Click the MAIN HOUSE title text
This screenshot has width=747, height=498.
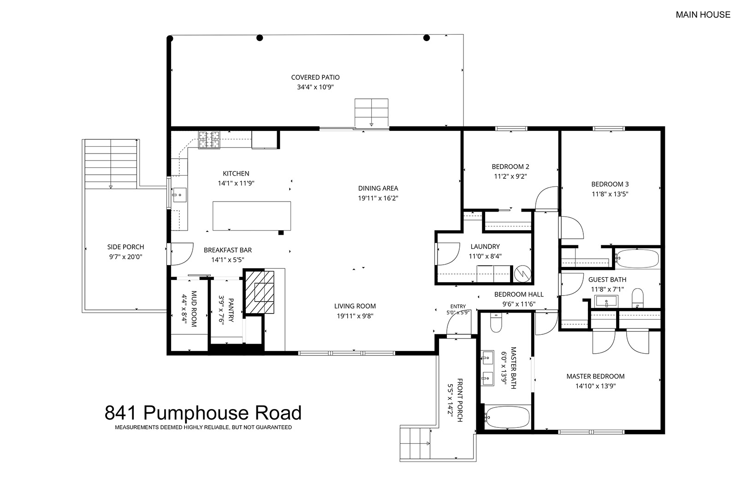[703, 15]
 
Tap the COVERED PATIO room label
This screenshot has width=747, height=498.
[315, 77]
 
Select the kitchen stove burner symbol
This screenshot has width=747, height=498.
[209, 140]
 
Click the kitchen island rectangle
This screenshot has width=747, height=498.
[252, 216]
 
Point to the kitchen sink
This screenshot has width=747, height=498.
[179, 195]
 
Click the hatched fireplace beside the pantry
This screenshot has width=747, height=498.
[260, 292]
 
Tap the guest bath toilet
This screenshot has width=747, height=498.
[637, 298]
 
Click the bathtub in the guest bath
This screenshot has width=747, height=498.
[637, 258]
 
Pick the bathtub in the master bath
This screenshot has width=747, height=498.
[507, 417]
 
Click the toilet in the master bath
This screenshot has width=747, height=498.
[496, 323]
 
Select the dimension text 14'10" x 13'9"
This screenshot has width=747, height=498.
[595, 386]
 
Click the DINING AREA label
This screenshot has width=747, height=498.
[378, 189]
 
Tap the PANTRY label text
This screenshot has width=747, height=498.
[231, 310]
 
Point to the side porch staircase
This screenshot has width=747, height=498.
[111, 164]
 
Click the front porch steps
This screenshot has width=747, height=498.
[415, 444]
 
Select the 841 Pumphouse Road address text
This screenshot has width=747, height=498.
[203, 413]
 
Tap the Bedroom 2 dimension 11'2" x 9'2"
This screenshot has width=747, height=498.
[510, 177]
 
